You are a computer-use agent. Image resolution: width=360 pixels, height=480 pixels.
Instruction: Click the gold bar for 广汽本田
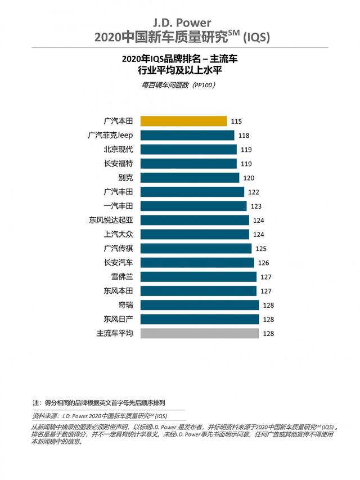pyautogui.click(x=183, y=121)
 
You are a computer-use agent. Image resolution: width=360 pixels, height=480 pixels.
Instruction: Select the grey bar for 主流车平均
pyautogui.click(x=199, y=333)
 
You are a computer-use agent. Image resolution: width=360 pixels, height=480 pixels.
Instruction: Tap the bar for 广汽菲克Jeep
pyautogui.click(x=187, y=135)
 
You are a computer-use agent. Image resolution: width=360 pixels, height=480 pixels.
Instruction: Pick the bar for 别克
pyautogui.click(x=190, y=178)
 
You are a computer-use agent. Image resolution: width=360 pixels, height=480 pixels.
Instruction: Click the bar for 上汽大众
pyautogui.click(x=194, y=234)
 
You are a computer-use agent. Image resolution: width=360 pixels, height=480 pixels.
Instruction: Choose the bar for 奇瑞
pyautogui.click(x=199, y=305)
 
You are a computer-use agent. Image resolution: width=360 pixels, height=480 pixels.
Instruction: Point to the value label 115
pyautogui.click(x=236, y=121)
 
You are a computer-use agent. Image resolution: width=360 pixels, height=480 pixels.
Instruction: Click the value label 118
pyautogui.click(x=244, y=135)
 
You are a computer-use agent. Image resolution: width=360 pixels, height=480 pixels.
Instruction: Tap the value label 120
pyautogui.click(x=249, y=178)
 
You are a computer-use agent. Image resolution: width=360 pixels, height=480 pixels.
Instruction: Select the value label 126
pyautogui.click(x=263, y=263)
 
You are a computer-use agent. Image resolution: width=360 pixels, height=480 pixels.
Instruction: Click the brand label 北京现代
pyautogui.click(x=118, y=149)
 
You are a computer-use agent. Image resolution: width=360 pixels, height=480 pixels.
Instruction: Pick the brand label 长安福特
pyautogui.click(x=118, y=164)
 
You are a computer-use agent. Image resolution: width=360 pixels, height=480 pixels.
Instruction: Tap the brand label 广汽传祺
pyautogui.click(x=118, y=248)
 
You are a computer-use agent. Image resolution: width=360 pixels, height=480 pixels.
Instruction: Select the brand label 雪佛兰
pyautogui.click(x=121, y=277)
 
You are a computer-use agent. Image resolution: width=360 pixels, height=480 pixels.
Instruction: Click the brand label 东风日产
pyautogui.click(x=118, y=319)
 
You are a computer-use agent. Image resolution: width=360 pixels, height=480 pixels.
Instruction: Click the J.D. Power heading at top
pyautogui.click(x=180, y=23)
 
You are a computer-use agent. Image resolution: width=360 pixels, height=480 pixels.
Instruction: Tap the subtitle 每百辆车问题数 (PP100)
pyautogui.click(x=180, y=85)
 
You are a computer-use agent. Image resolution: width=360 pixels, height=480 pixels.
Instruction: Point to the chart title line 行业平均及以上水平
pyautogui.click(x=180, y=70)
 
